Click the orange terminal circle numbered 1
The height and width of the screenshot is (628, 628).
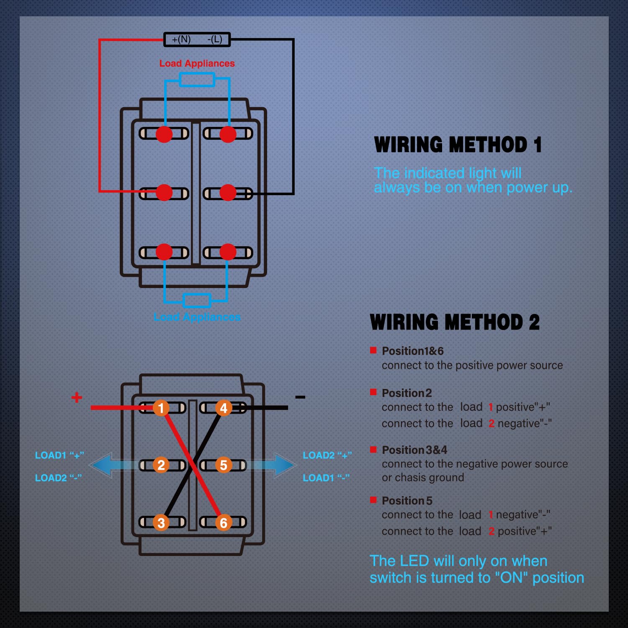pyautogui.click(x=161, y=408)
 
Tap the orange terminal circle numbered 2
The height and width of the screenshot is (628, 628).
pyautogui.click(x=161, y=465)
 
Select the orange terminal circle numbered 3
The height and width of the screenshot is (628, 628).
pyautogui.click(x=161, y=522)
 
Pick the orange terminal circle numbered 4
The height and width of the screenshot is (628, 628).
pyautogui.click(x=224, y=408)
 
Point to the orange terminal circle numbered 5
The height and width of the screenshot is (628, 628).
pyautogui.click(x=224, y=465)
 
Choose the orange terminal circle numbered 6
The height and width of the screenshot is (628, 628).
pyautogui.click(x=224, y=522)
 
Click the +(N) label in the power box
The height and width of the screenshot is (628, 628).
pyautogui.click(x=181, y=39)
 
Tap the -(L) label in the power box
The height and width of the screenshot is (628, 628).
pyautogui.click(x=215, y=39)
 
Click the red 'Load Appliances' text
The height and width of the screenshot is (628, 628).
pyautogui.click(x=197, y=63)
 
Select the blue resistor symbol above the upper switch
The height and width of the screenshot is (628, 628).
pyautogui.click(x=197, y=79)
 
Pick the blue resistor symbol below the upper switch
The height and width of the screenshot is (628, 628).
pyautogui.click(x=197, y=300)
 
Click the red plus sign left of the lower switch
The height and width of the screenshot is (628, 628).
pyautogui.click(x=77, y=397)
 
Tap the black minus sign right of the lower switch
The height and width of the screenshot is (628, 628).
pyautogui.click(x=300, y=397)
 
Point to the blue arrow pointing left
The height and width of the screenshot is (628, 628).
pyautogui.click(x=103, y=465)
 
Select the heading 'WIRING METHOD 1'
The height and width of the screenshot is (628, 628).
pyautogui.click(x=458, y=145)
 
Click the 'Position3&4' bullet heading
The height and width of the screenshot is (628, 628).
pyautogui.click(x=414, y=450)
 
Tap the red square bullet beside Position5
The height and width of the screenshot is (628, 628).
pyautogui.click(x=373, y=499)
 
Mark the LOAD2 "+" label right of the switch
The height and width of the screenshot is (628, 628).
pyautogui.click(x=327, y=455)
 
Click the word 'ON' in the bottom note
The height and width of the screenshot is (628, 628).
pyautogui.click(x=511, y=578)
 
